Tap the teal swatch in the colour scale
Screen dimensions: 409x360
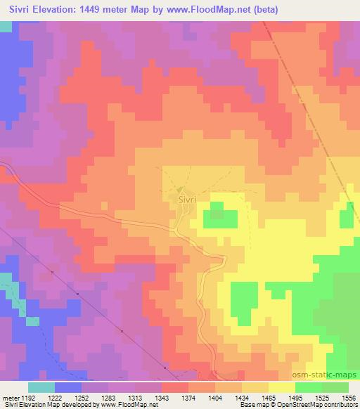point(41,387)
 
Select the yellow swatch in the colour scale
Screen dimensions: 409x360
point(281,387)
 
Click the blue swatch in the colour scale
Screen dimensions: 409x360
point(68,387)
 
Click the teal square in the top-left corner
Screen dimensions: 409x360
point(6,26)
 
